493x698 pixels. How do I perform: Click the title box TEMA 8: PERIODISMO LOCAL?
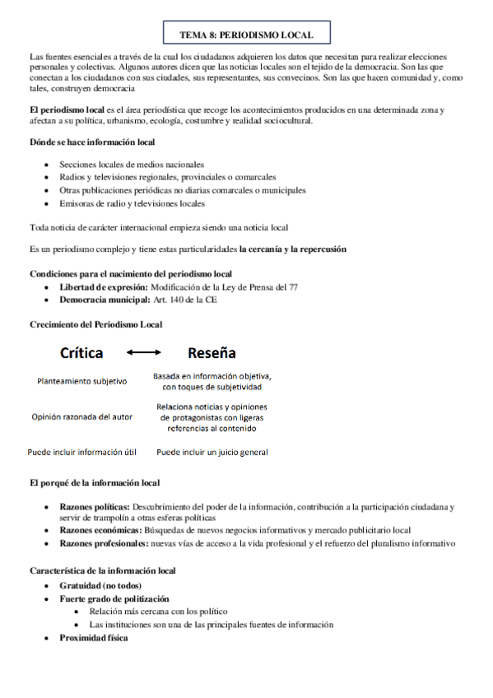pyautogui.click(x=246, y=35)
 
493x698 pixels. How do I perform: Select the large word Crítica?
pyautogui.click(x=81, y=353)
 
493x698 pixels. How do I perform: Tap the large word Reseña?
pyautogui.click(x=212, y=353)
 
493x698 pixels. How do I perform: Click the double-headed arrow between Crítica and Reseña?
pyautogui.click(x=145, y=354)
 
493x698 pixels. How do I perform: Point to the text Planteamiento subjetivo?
pyautogui.click(x=81, y=381)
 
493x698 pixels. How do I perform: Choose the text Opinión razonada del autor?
pyautogui.click(x=81, y=416)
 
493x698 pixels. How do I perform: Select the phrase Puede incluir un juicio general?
pyautogui.click(x=212, y=452)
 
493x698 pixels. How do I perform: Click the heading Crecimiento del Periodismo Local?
pyautogui.click(x=95, y=324)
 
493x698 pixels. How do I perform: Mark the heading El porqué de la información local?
pyautogui.click(x=95, y=482)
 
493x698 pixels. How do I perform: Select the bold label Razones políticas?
pyautogui.click(x=95, y=508)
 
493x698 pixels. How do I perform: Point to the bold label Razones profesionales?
pyautogui.click(x=102, y=543)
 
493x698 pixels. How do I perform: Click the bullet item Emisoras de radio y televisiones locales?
pyautogui.click(x=133, y=203)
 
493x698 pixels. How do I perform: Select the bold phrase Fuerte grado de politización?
pyautogui.click(x=114, y=598)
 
